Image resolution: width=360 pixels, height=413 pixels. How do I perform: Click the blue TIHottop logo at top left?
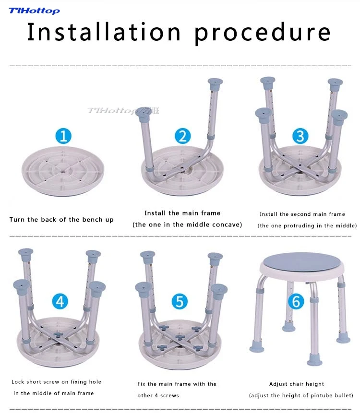(34, 11)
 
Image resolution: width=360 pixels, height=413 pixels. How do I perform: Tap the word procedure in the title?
(263, 33)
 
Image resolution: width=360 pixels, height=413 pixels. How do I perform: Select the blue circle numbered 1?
(63, 136)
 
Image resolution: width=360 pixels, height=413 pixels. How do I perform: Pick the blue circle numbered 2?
(182, 136)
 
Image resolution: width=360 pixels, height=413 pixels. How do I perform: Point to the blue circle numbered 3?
(300, 136)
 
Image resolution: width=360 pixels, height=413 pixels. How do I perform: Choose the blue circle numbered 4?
(60, 301)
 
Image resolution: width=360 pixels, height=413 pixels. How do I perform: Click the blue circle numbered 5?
(180, 301)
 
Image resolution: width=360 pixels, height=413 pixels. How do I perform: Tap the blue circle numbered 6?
(296, 301)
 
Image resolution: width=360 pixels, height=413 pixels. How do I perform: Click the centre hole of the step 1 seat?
(63, 171)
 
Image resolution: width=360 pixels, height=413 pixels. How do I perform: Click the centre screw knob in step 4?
(58, 335)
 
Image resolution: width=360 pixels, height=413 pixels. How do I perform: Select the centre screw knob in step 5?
(180, 337)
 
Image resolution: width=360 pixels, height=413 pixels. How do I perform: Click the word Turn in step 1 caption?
(17, 219)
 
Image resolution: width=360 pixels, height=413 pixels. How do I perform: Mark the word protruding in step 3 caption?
(296, 226)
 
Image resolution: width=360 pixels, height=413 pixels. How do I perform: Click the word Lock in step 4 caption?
(18, 382)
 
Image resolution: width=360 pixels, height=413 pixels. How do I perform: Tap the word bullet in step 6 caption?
(343, 395)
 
